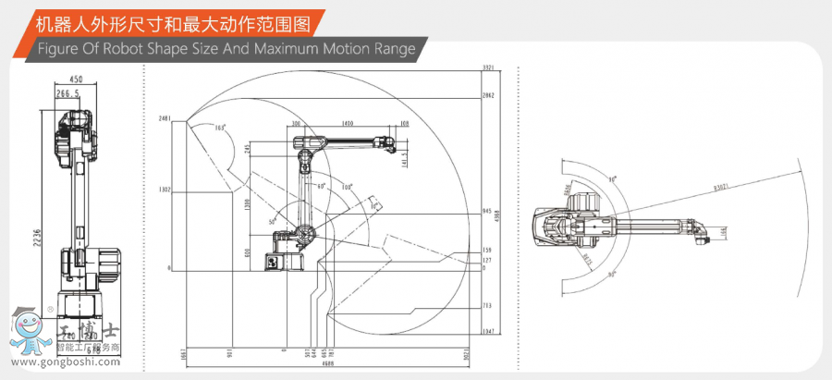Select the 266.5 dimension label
[67, 93]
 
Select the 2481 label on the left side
[165, 119]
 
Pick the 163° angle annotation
[220, 128]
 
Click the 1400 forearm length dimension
[347, 123]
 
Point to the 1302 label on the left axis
[165, 190]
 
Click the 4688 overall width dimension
[327, 363]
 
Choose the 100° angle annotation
[347, 188]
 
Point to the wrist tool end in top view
[700, 234]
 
